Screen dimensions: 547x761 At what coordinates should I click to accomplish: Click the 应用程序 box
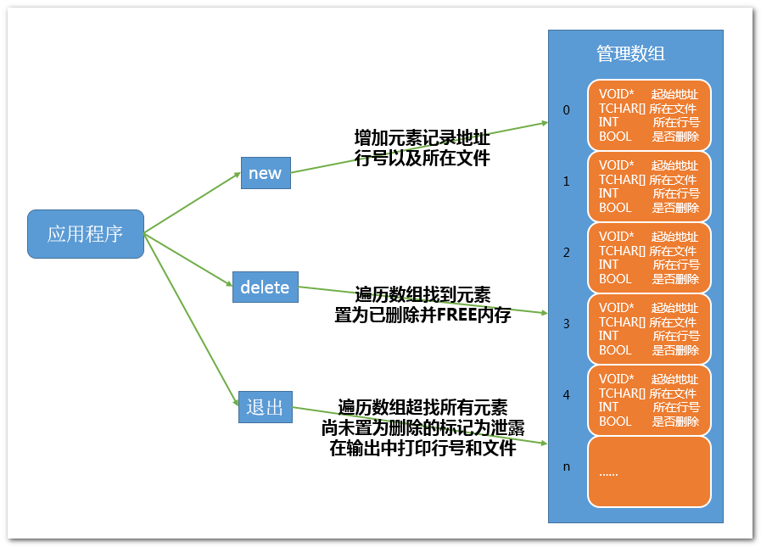(85, 233)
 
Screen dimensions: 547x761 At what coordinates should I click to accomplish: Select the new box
(265, 173)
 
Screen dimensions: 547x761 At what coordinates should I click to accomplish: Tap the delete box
(265, 287)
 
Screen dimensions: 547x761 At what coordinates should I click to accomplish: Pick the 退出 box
(265, 406)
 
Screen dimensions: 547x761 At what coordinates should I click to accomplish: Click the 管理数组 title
(630, 53)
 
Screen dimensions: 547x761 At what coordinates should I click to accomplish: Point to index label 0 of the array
(567, 109)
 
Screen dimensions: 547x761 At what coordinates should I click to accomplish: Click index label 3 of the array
(567, 323)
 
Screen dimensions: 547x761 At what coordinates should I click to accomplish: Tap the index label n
(567, 466)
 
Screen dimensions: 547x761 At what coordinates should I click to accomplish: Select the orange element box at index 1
(648, 187)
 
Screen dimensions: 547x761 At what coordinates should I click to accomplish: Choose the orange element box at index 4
(648, 400)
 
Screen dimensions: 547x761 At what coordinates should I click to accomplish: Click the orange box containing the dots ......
(648, 472)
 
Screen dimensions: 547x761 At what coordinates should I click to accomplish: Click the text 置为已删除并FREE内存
(422, 315)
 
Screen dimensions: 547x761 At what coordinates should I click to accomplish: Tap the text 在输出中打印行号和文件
(422, 449)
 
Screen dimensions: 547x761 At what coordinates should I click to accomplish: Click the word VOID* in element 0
(617, 94)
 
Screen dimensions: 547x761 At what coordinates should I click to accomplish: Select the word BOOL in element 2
(615, 278)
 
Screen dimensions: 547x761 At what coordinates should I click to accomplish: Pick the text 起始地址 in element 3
(675, 308)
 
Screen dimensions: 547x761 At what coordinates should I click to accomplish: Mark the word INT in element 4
(608, 407)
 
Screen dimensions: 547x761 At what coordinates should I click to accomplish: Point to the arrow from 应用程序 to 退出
(191, 319)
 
